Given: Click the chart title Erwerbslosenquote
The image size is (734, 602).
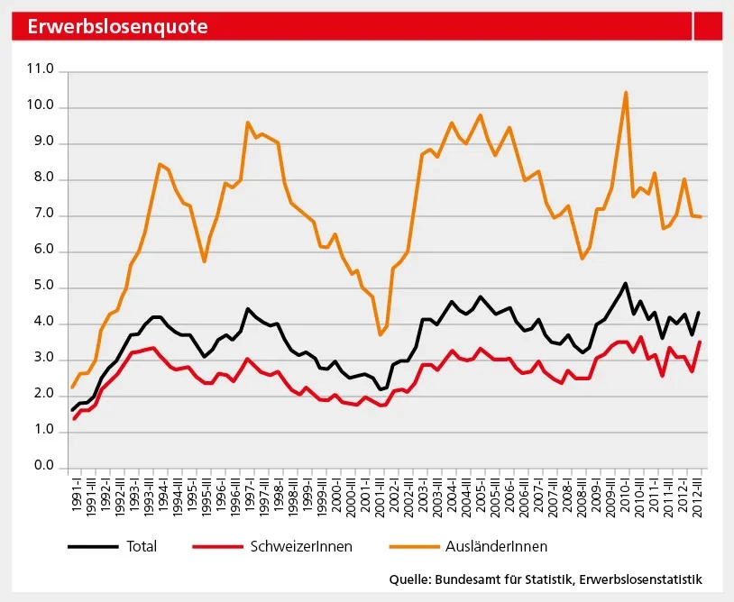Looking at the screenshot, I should (117, 27).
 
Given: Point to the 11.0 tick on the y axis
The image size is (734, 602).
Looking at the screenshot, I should (41, 70).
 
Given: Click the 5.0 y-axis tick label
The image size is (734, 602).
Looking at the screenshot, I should (41, 287).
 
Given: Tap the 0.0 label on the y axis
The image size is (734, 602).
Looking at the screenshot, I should (41, 467).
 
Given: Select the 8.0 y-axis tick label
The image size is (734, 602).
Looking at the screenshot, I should (41, 179).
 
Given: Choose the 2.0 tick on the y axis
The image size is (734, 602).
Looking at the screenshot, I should (41, 395).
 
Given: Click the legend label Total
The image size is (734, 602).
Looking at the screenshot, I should (142, 546).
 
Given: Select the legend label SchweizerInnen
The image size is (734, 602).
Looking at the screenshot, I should (302, 546).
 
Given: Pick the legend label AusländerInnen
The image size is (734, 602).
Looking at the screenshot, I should (496, 546).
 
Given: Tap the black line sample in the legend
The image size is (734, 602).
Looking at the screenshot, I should (93, 546).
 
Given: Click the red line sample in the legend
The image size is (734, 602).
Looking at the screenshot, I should (217, 546).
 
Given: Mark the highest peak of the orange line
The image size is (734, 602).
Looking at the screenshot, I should (626, 92).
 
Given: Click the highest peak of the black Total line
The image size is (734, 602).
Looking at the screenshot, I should (626, 283).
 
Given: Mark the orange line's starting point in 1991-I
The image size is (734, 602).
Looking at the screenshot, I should (73, 388).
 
